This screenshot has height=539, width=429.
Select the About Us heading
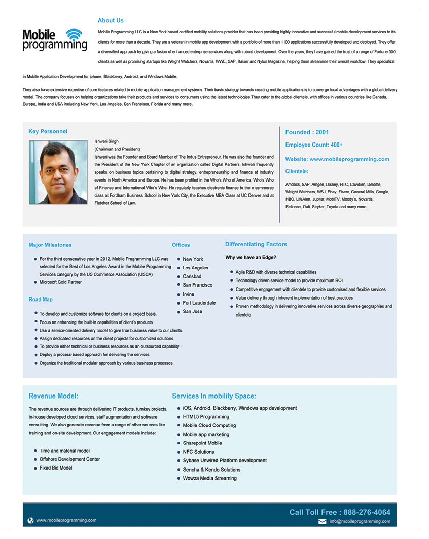[x=111, y=21]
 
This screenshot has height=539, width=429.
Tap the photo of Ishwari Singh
[x=58, y=172]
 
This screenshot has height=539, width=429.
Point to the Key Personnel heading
[x=48, y=132]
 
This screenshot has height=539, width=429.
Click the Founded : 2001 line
[x=307, y=132]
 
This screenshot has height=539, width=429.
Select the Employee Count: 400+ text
[x=314, y=145]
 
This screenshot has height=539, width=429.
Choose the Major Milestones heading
[x=50, y=245]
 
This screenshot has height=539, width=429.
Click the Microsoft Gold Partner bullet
[x=60, y=282]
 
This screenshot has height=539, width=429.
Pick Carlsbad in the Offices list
[x=192, y=276]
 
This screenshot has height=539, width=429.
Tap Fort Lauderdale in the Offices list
[x=199, y=303]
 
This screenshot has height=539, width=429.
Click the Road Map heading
[x=41, y=300]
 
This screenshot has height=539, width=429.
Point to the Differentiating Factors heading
[x=256, y=244]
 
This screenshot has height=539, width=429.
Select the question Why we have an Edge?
[x=251, y=258]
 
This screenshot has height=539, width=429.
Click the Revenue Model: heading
[x=53, y=396]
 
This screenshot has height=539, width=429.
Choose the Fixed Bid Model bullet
[x=56, y=468]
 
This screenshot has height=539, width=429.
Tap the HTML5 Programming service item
[x=206, y=417]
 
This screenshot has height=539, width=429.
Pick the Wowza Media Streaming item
[x=209, y=478]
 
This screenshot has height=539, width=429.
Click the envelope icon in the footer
[x=322, y=521]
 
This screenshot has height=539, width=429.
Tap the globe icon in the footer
[x=31, y=520]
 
